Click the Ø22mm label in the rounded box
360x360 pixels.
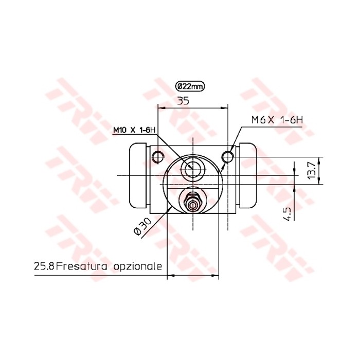point(190,87)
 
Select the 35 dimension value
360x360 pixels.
point(183,101)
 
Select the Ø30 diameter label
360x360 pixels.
point(142,226)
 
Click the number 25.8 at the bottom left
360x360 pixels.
point(44,266)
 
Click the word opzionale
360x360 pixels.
point(138,266)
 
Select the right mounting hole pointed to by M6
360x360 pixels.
point(228,155)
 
